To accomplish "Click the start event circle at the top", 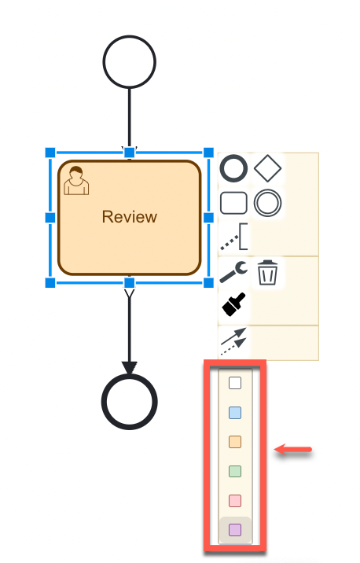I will tap(130, 61).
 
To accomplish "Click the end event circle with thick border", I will tap(130, 401).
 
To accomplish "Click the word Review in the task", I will tap(130, 217).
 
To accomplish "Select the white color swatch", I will tap(234, 383).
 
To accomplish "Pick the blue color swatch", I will tap(234, 413).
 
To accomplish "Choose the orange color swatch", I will tap(234, 442).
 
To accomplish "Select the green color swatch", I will tap(234, 472).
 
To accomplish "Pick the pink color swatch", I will tap(234, 501).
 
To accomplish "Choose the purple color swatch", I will tap(234, 530).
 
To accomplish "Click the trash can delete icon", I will tap(268, 273).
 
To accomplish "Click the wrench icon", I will tap(233, 273).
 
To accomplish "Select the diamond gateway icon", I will tap(268, 167).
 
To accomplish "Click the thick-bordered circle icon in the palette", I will tap(233, 167).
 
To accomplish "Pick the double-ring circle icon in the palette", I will tap(268, 202).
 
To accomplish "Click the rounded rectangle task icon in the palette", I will tap(233, 202).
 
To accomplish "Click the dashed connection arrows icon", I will tap(233, 339).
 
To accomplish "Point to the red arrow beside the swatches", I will tap(293, 451).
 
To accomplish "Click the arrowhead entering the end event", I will tap(130, 367).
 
